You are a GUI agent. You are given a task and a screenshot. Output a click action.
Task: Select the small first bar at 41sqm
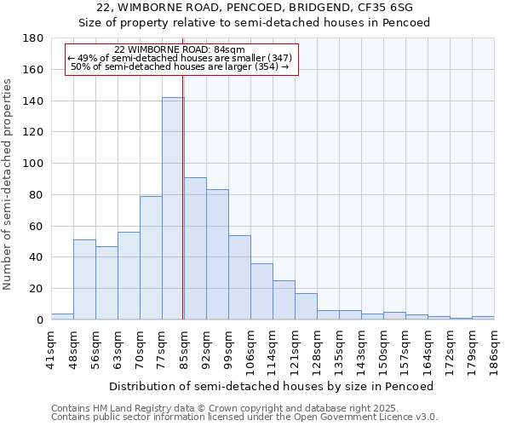coord(62,317)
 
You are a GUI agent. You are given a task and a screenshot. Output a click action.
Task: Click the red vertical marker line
coord(183,213)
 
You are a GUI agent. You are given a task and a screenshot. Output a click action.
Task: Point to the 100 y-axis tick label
coord(33,164)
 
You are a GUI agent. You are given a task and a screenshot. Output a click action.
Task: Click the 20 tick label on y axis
coord(37,289)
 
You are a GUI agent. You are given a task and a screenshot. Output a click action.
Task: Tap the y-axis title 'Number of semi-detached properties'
coord(9,183)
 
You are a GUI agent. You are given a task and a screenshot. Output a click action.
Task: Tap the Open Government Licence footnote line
coord(244,417)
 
